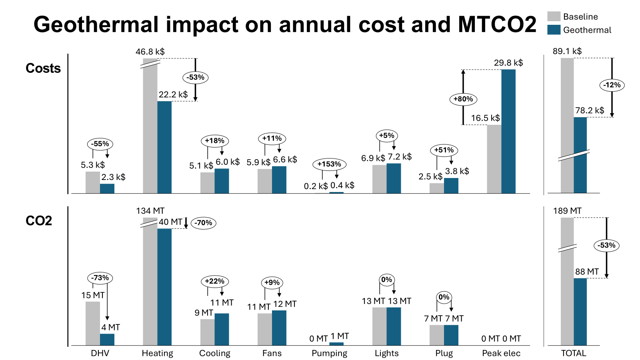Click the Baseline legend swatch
[554, 16]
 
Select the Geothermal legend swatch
[554, 30]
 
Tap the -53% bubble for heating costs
[196, 77]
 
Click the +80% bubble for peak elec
[463, 99]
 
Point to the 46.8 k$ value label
[150, 52]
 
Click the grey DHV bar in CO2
[93, 323]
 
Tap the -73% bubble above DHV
[100, 278]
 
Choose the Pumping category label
[329, 353]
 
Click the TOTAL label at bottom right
[573, 353]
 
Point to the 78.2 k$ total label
[590, 110]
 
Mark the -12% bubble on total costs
[612, 85]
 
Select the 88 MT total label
[587, 272]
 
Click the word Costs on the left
[43, 68]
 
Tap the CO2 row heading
[39, 221]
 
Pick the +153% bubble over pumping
[329, 164]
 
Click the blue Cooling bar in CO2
[222, 329]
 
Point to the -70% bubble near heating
[204, 223]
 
